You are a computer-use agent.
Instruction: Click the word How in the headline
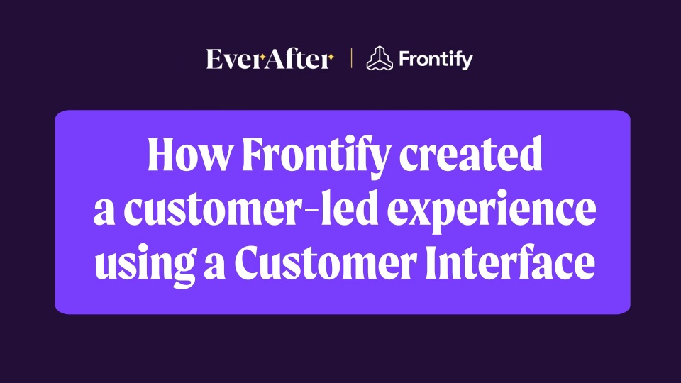coord(189,154)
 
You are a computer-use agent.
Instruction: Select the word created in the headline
coord(470,154)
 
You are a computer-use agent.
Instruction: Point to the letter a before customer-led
coord(105,213)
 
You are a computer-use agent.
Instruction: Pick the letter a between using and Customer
coord(214,267)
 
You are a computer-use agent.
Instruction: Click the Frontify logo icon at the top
coord(379,58)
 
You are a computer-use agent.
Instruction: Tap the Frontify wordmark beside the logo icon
coord(436,60)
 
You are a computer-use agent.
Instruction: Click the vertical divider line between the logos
coord(351,59)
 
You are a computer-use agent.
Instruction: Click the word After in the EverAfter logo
coord(296,59)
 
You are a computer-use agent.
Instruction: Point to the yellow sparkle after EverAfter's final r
coord(331,57)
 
